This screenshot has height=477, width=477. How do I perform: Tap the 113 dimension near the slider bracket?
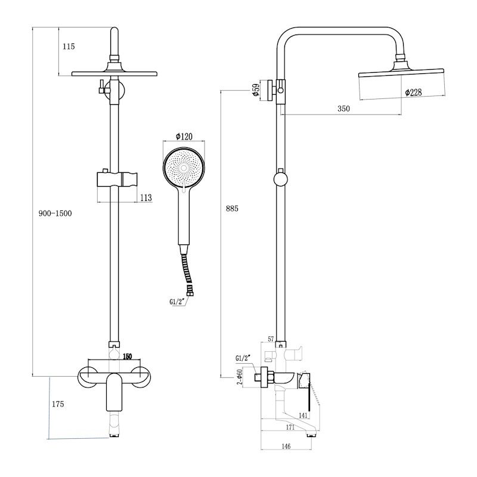coord(145,197)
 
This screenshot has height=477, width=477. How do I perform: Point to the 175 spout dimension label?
coord(58,404)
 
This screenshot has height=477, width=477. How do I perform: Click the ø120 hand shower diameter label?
coord(184,137)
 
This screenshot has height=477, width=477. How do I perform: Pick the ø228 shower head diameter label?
coord(414,93)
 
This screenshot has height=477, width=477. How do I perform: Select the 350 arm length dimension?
coord(343,109)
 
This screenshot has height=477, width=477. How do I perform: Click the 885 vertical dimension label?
coord(233,208)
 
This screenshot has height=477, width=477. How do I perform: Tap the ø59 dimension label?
coord(255,90)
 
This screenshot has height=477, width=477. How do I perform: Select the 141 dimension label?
coord(303,416)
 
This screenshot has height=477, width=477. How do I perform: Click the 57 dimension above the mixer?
coord(271,339)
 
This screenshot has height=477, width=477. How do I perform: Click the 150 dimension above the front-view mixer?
coord(126,357)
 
